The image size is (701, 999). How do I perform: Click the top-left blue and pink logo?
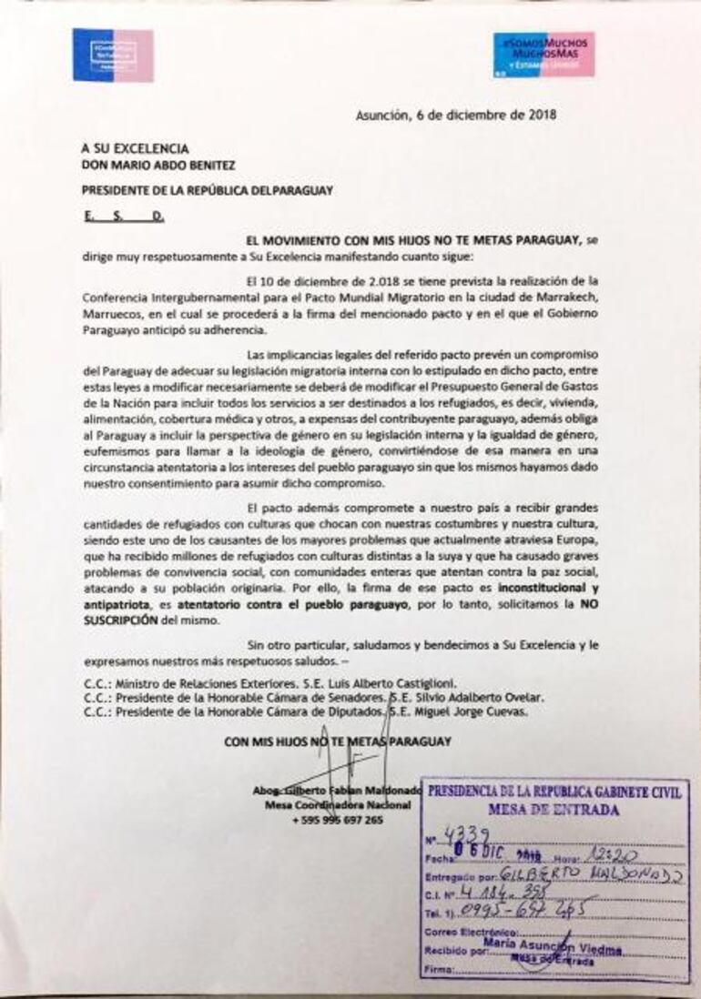click(x=113, y=55)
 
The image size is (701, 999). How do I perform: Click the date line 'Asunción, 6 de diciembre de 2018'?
click(x=455, y=116)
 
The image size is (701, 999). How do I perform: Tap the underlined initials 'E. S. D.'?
click(x=122, y=217)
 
